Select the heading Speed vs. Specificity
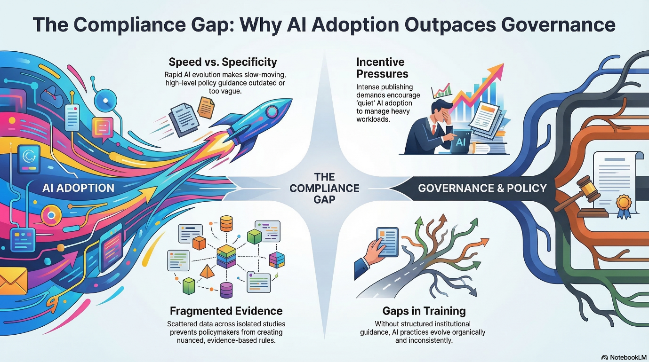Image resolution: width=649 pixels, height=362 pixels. [x=223, y=62]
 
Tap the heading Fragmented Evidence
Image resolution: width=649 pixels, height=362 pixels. [x=226, y=311]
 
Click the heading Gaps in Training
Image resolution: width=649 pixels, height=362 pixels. [x=424, y=311]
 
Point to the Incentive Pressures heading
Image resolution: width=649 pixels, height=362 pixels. [x=382, y=68]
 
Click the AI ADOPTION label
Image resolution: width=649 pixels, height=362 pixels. [x=78, y=188]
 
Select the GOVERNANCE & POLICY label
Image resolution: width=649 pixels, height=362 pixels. [x=482, y=188]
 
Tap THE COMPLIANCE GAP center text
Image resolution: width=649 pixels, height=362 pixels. [x=324, y=188]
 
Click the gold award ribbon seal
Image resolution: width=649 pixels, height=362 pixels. [x=624, y=206]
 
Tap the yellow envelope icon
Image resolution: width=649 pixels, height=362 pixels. [x=13, y=281]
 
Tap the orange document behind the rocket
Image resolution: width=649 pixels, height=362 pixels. [x=206, y=108]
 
